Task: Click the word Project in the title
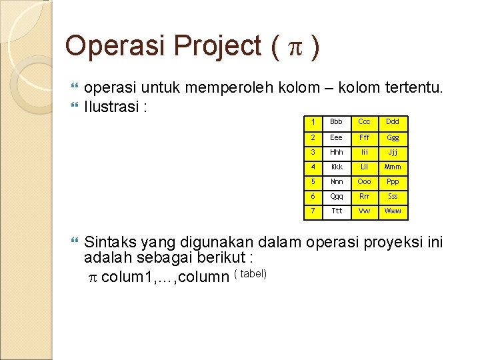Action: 218,46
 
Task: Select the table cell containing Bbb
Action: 337,122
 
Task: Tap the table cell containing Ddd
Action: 393,122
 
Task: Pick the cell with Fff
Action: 364,137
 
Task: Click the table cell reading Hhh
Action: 337,152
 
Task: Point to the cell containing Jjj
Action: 393,152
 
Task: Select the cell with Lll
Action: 364,167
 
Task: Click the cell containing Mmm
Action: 393,167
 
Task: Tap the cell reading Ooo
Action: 364,182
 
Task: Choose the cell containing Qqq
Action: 337,197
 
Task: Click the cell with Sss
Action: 393,197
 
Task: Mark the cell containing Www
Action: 393,212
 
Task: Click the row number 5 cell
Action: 311,182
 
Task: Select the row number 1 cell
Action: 311,122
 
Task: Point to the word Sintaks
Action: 110,243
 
